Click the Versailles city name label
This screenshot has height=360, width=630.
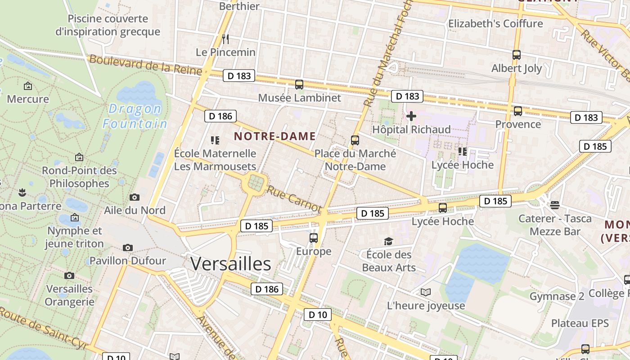click(230, 264)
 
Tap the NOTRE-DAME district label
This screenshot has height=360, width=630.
click(274, 136)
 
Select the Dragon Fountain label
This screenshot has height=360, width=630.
click(135, 116)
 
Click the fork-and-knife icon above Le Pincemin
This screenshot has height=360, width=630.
click(225, 39)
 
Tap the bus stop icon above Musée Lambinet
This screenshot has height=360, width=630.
click(299, 84)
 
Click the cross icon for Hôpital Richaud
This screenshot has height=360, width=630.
click(411, 117)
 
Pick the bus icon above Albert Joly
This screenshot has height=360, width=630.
click(517, 55)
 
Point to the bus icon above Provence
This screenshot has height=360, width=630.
click(518, 111)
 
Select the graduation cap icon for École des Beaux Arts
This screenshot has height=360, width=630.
click(388, 242)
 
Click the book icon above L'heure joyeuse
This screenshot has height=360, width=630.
click(426, 292)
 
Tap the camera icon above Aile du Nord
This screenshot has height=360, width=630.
click(134, 197)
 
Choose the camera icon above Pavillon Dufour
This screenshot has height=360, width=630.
click(128, 247)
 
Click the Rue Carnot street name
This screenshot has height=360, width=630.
click(294, 198)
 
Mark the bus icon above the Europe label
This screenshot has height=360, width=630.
click(314, 238)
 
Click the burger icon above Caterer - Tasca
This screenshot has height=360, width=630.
click(554, 205)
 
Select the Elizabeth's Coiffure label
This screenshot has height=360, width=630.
click(495, 23)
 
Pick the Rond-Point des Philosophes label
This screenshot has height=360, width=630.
click(79, 177)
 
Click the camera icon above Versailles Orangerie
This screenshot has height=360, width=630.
click(69, 275)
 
